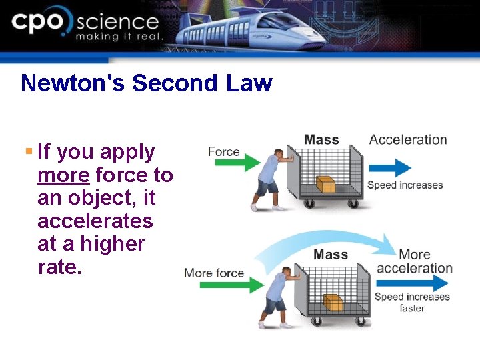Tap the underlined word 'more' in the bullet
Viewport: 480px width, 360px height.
tap(63, 175)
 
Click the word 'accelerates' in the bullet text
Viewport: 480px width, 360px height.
tap(95, 221)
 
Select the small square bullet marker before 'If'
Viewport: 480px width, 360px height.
tap(28, 152)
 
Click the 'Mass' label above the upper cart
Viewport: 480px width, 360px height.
tap(321, 140)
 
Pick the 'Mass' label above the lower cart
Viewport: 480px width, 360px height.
tap(331, 255)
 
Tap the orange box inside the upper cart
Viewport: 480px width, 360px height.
tap(325, 184)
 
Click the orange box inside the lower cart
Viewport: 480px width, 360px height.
tap(333, 303)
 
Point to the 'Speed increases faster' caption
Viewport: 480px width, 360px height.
tap(412, 303)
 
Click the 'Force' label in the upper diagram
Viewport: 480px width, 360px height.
tap(223, 151)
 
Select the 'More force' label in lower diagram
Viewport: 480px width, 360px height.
tap(214, 273)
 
